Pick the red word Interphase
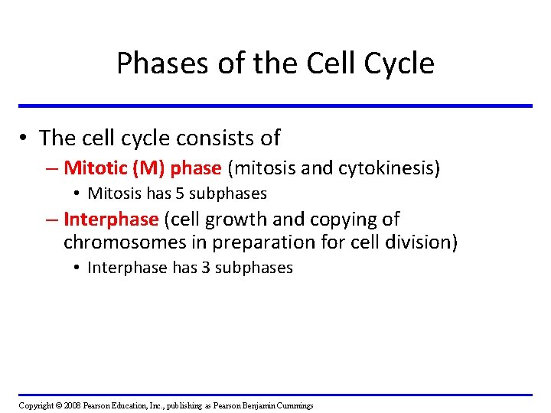point(111,220)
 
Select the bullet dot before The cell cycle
point(25,138)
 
